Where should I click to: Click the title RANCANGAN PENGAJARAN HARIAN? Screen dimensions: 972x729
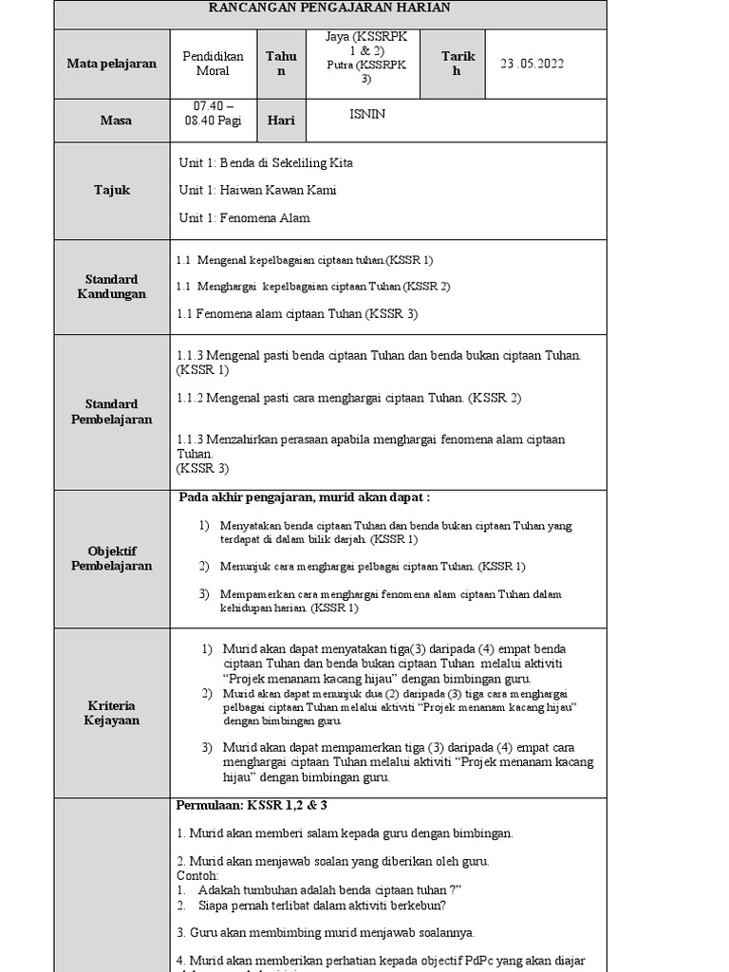(x=330, y=8)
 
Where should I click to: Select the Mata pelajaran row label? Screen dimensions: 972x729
(x=111, y=64)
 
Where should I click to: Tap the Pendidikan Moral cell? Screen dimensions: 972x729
(x=213, y=64)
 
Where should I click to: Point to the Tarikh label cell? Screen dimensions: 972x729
(x=457, y=64)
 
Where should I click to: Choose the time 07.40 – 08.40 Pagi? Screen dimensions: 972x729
(x=213, y=113)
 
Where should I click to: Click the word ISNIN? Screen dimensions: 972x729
(x=367, y=114)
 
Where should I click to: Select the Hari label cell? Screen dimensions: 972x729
(x=281, y=121)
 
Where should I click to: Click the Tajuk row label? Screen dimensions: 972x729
(x=112, y=190)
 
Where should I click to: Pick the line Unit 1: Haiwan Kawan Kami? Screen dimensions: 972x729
(x=257, y=190)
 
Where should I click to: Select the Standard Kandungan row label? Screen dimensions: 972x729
(x=111, y=287)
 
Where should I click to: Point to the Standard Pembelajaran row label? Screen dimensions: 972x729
(x=111, y=411)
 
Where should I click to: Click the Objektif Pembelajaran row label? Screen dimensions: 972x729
(x=111, y=558)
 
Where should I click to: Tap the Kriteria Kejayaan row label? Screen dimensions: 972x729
(x=111, y=713)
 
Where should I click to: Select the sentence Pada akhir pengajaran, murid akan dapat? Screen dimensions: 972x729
(x=304, y=497)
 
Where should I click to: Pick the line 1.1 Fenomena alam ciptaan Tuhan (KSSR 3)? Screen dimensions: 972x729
(x=297, y=313)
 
